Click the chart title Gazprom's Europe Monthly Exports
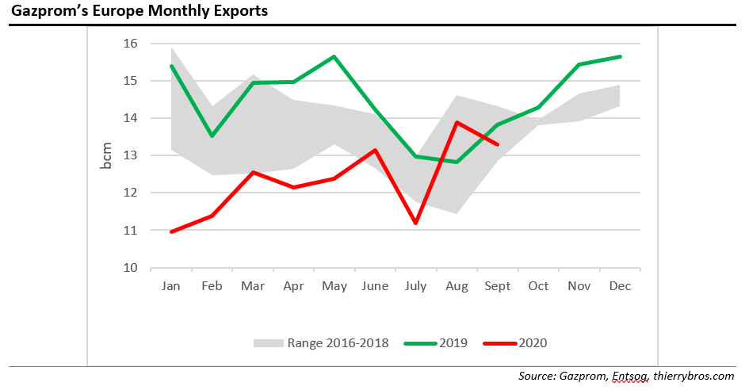coord(139,11)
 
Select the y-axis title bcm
coord(106,155)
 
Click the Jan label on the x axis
coord(171,286)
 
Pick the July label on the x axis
coord(415,286)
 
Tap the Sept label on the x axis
coord(497,286)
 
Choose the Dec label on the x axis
coord(620,286)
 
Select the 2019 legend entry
coord(452,343)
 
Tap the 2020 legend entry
coord(532,343)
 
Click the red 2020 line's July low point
coord(415,223)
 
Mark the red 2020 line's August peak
coord(457,122)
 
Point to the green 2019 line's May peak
coord(334,56)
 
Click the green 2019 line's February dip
coord(212,136)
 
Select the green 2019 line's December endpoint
coord(620,56)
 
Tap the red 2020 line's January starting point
coord(171,231)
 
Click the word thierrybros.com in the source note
coord(696,376)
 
